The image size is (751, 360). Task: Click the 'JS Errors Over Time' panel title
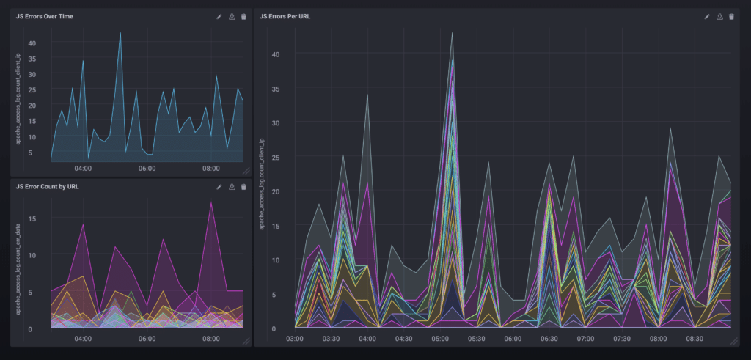(x=44, y=16)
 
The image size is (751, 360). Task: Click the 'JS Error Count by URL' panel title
(x=48, y=187)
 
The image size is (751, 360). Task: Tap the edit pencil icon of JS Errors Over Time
(x=219, y=16)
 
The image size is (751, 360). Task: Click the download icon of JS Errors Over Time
(x=232, y=16)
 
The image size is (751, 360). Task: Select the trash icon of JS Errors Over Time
(x=243, y=16)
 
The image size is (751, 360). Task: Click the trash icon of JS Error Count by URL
(x=243, y=187)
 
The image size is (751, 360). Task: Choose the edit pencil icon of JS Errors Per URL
(x=707, y=16)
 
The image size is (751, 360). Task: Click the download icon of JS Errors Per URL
(x=719, y=16)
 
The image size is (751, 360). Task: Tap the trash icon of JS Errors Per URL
(x=731, y=16)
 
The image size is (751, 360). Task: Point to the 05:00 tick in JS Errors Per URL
(x=440, y=339)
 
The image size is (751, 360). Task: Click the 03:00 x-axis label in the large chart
(x=295, y=339)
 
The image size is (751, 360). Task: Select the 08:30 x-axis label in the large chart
(x=694, y=339)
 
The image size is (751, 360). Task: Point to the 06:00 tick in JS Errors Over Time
(x=147, y=168)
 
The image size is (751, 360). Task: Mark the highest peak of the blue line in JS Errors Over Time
(x=120, y=32)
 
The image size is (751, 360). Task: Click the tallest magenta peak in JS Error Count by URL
(x=211, y=202)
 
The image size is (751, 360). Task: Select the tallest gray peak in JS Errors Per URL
(x=452, y=32)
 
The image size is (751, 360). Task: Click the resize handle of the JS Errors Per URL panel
(x=736, y=342)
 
